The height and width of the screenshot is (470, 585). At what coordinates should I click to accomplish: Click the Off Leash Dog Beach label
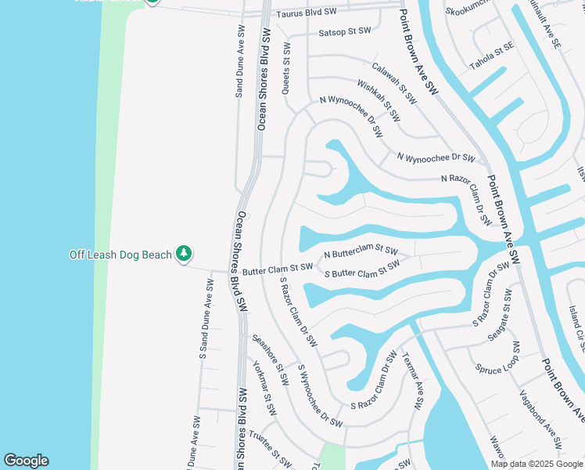coord(120,255)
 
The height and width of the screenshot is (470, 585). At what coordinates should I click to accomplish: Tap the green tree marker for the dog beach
coord(183,254)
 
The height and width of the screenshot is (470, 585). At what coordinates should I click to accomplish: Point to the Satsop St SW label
coord(344,32)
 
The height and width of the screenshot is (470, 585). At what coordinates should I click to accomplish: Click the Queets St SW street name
coord(286,70)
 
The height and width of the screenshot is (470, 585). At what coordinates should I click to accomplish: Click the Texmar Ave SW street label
coord(412,380)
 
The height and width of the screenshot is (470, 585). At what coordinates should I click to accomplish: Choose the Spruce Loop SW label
coord(497,356)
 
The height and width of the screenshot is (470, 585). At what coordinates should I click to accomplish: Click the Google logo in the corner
coord(26,461)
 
